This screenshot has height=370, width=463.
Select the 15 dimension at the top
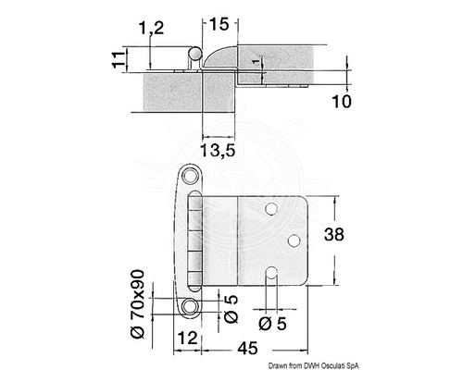(x=219, y=20)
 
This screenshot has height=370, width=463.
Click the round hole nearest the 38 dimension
(x=293, y=241)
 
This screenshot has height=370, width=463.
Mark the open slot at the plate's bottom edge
(x=272, y=274)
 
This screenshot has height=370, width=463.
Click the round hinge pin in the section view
(x=194, y=53)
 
